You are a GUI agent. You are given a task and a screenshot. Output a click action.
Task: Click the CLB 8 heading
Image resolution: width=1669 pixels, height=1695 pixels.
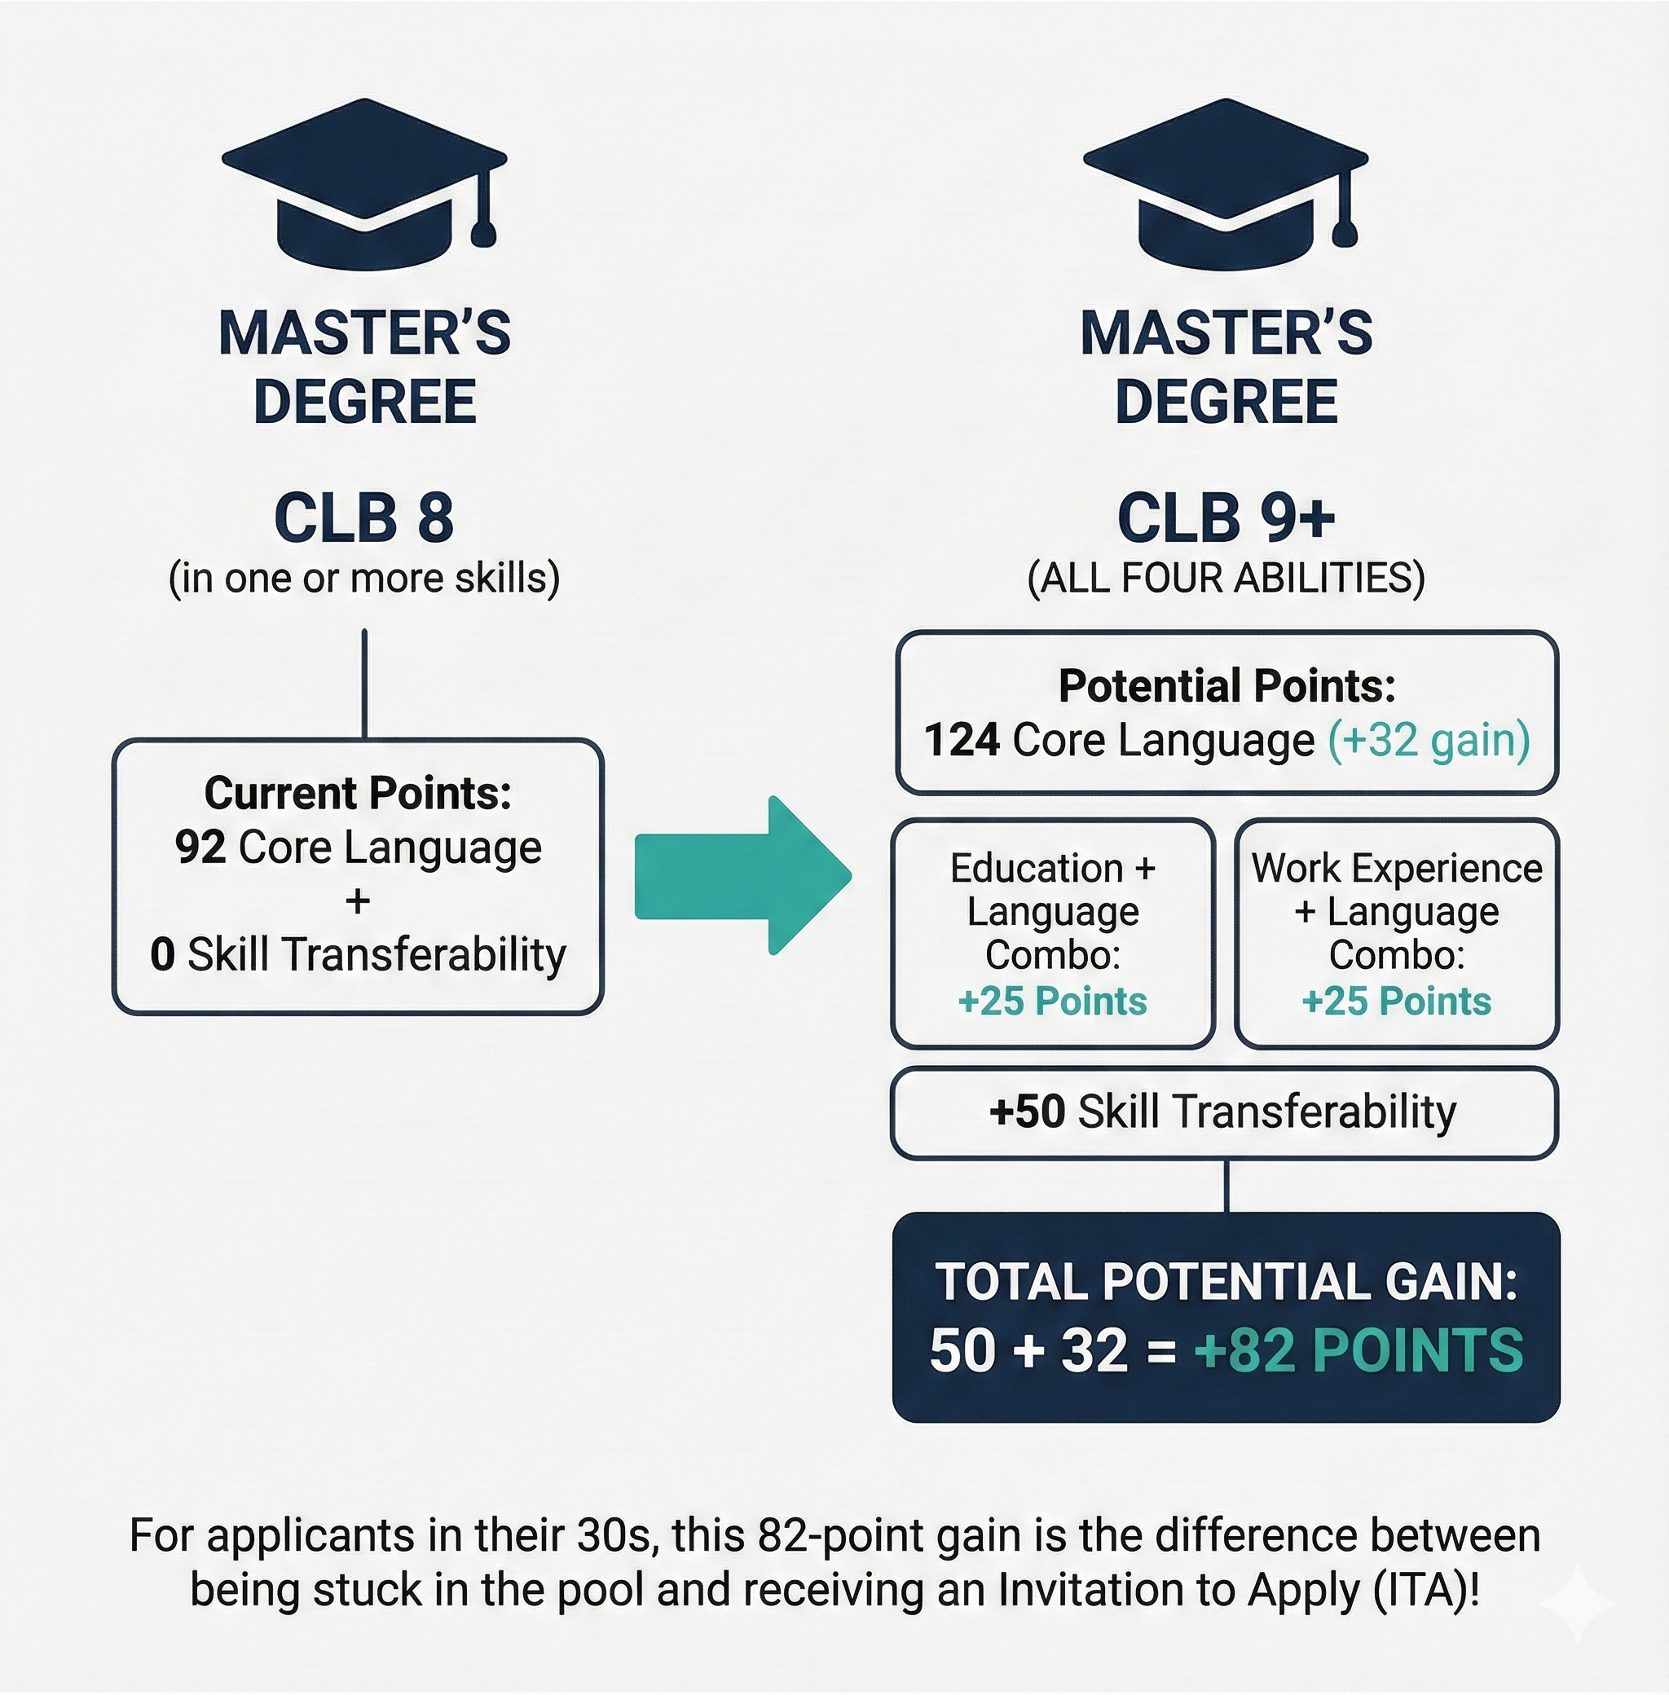[x=363, y=518]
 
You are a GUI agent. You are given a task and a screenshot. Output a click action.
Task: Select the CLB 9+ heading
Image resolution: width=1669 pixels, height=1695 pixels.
[x=1226, y=518]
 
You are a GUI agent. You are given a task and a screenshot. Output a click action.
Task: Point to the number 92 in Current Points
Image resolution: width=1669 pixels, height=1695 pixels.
[x=200, y=847]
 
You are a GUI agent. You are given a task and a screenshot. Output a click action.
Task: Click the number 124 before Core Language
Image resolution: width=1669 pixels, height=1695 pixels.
[x=962, y=740]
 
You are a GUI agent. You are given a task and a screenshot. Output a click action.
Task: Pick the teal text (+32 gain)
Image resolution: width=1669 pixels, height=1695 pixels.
[x=1429, y=740]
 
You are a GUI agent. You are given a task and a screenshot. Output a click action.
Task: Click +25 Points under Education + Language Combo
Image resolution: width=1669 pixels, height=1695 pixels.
[x=1053, y=1001]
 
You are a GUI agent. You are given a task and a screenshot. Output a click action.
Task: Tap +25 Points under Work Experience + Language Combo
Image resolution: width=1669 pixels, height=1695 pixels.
[x=1396, y=1001]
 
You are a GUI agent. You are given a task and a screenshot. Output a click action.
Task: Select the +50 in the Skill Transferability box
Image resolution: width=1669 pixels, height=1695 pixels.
[x=1028, y=1112]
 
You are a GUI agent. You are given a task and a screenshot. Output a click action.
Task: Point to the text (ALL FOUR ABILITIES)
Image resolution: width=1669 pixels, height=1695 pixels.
[x=1226, y=579]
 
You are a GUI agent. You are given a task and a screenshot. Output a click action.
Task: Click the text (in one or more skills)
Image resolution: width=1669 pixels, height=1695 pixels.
[x=363, y=579]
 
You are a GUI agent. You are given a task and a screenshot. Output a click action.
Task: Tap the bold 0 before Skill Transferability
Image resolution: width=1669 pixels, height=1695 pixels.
[x=162, y=954]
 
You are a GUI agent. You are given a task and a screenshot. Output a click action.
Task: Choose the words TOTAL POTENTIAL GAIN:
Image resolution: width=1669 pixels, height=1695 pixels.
[x=1226, y=1281]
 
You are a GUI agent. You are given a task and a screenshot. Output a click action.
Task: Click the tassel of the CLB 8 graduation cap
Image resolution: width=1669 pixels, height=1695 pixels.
[x=484, y=231]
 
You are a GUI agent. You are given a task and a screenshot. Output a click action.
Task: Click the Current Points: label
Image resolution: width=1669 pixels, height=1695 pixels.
[x=358, y=793]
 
